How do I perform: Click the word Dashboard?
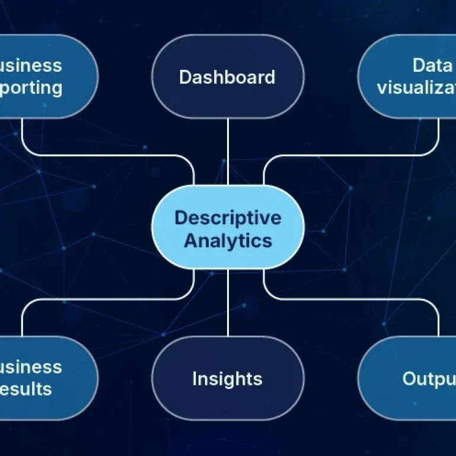[x=227, y=77]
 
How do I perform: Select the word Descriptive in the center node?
[x=228, y=218]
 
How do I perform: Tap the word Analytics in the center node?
[x=228, y=241]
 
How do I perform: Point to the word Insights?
[x=227, y=378]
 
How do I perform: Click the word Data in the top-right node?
[x=432, y=65]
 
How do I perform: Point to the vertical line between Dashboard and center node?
[x=228, y=151]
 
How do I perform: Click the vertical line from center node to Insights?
[x=228, y=302]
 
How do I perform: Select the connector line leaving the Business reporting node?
[x=107, y=155]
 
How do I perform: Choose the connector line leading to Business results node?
[x=107, y=299]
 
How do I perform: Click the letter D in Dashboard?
[x=185, y=77]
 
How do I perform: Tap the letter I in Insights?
[x=194, y=378]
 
